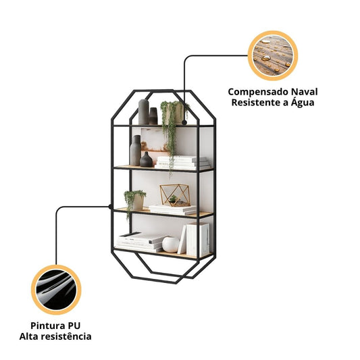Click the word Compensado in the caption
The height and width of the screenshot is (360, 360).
pos(258,93)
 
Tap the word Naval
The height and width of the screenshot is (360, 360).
pos(305,92)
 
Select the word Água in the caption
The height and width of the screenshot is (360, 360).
pos(303,102)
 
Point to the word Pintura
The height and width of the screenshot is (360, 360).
pos(45,326)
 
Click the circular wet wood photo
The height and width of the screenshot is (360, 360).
pos(273,56)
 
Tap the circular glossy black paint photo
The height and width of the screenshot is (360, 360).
pos(56,290)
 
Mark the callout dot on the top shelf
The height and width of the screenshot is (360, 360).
pos(184,123)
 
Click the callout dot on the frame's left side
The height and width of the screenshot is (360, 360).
pos(111,207)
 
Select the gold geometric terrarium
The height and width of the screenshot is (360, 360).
pos(176,195)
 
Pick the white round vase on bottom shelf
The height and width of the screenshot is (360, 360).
pos(171,245)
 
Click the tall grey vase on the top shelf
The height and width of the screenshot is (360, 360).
pos(144,112)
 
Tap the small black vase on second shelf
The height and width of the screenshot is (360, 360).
pos(147,159)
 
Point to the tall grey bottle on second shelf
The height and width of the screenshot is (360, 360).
pos(136,151)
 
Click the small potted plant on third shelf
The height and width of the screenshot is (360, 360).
pos(136,201)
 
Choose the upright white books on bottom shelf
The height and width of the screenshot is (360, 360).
pos(195,240)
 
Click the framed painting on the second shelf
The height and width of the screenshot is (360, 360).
pos(154,143)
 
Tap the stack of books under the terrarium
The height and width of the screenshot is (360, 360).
pos(173,210)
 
